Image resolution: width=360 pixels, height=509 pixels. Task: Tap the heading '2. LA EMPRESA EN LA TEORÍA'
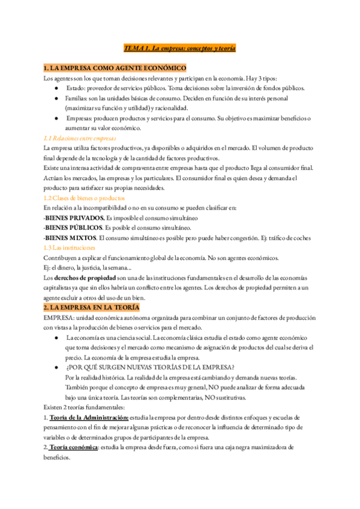point(96,307)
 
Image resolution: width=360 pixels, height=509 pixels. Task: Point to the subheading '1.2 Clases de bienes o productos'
point(84,197)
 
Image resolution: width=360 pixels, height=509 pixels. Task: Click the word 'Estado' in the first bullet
point(76,88)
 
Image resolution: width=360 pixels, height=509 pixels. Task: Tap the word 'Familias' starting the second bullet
point(79,98)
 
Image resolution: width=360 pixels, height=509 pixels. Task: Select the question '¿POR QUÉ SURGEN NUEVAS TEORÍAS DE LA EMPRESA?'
point(150,367)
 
